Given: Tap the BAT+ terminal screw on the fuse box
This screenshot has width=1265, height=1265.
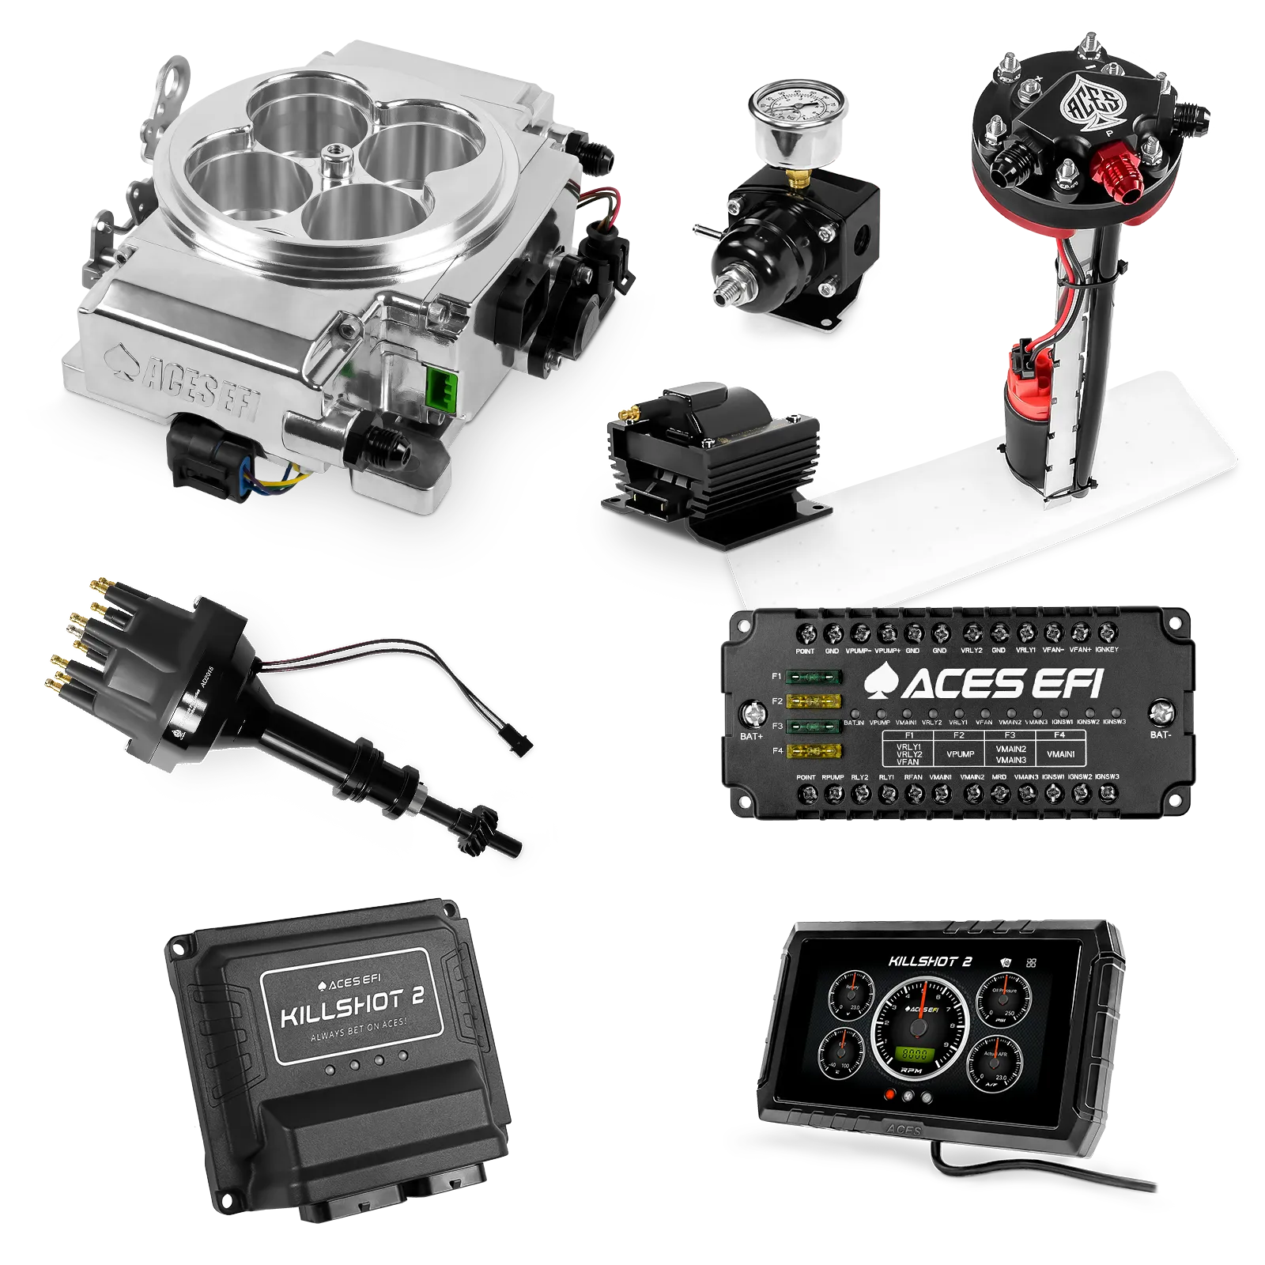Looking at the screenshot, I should [x=751, y=715].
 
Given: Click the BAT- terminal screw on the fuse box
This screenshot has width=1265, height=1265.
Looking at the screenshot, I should [x=1161, y=713].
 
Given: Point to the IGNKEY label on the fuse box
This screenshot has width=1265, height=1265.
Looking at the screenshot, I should [x=1107, y=650].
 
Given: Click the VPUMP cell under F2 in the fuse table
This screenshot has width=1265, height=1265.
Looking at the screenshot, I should [x=960, y=753].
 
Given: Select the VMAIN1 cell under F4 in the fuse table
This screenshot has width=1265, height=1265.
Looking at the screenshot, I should [x=1060, y=753].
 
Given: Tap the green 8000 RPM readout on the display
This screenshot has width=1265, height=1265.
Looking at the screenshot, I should [x=915, y=1054].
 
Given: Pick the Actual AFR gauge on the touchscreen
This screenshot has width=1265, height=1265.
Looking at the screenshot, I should [x=995, y=1061].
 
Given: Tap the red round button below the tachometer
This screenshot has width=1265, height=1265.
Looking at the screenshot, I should [x=891, y=1095].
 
